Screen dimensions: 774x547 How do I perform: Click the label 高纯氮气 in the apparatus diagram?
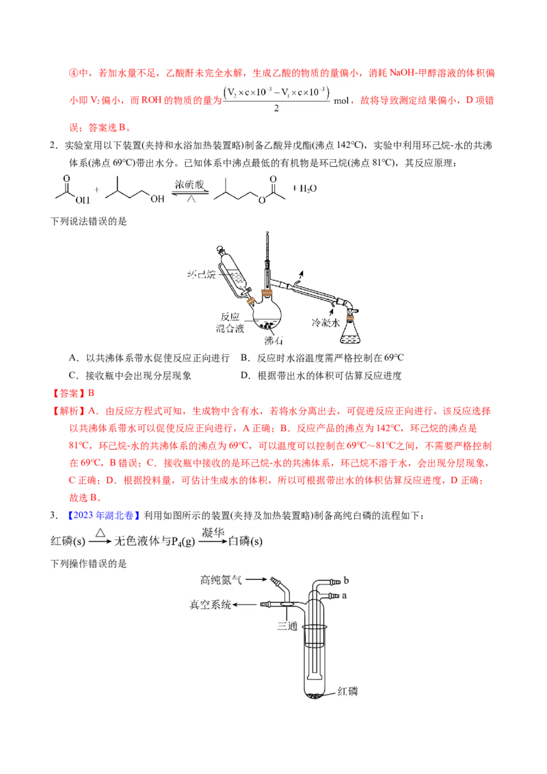point(220,580)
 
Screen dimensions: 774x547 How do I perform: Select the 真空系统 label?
point(210,604)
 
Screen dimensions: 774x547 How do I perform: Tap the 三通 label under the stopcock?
point(287,625)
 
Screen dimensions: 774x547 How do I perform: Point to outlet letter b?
point(346,580)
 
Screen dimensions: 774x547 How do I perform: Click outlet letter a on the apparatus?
point(345,596)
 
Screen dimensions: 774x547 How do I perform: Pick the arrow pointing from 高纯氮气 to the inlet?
point(255,580)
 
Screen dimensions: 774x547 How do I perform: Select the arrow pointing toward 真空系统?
point(247,604)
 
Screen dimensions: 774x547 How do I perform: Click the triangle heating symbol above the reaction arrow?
point(101,532)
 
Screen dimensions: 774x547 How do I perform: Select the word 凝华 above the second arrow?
point(213,532)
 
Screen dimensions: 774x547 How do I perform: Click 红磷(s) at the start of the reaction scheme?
point(68,541)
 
